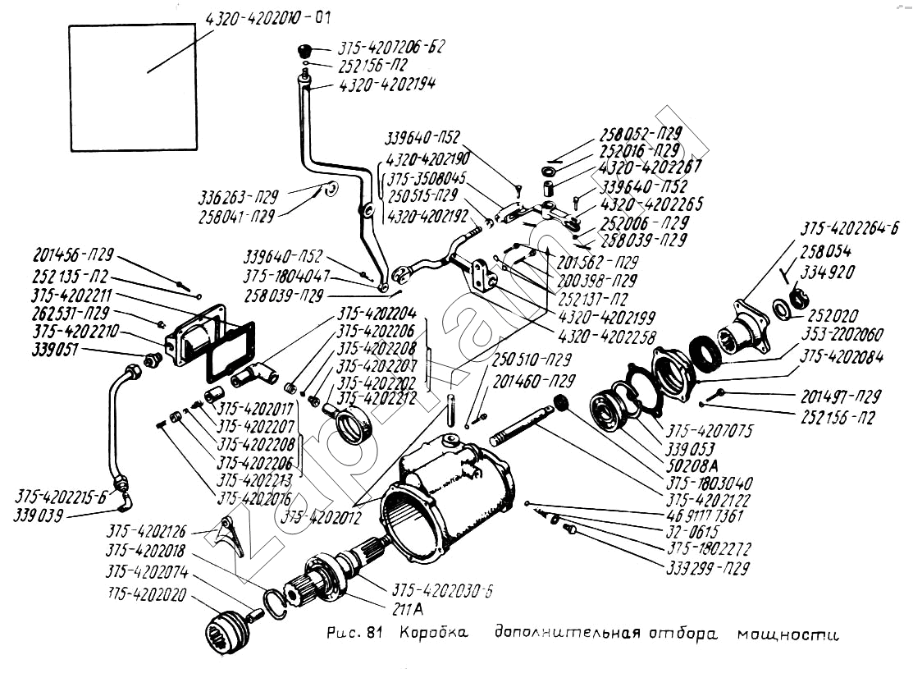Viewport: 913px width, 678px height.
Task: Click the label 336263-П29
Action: (238, 197)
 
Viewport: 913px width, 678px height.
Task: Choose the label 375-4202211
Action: (72, 295)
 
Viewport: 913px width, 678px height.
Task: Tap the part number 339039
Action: (39, 515)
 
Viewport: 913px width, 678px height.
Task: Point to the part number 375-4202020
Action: (147, 593)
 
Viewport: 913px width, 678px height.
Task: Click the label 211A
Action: (409, 611)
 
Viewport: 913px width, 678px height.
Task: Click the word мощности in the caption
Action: (788, 634)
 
